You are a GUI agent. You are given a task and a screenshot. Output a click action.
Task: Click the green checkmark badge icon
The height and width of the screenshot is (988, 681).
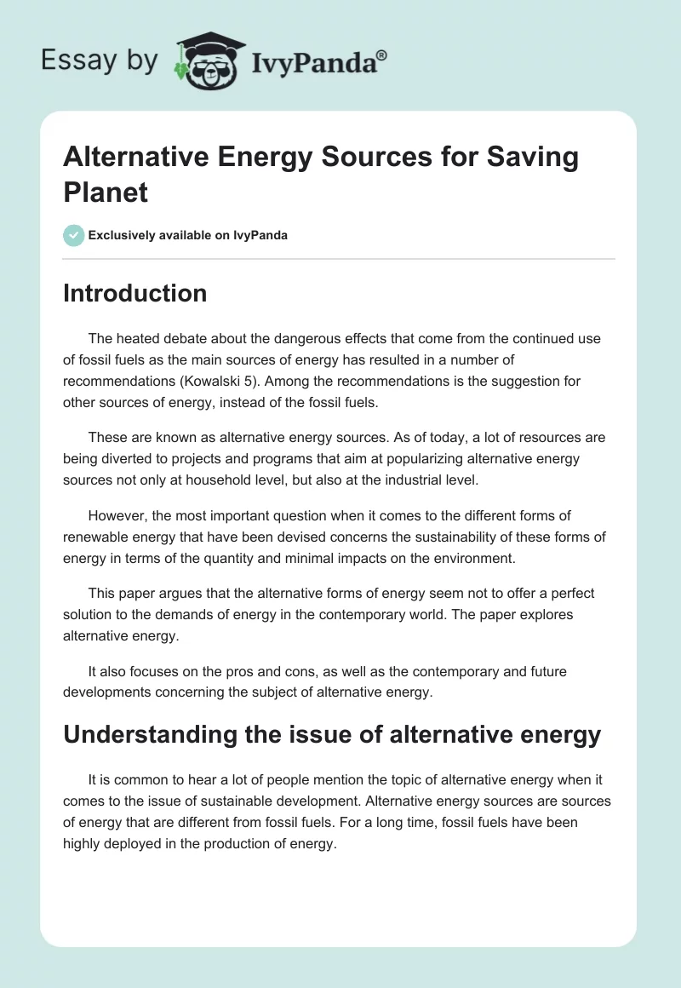pos(74,235)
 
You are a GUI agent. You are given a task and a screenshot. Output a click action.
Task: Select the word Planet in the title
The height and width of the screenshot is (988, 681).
pos(106,192)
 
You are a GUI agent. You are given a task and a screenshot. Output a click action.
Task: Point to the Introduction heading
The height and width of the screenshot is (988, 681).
pos(135,293)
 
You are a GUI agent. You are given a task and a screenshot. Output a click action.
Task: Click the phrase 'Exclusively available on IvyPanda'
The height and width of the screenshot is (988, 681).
pos(188,235)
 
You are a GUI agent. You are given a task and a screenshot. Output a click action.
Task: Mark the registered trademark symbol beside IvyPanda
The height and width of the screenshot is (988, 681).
pos(382,55)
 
